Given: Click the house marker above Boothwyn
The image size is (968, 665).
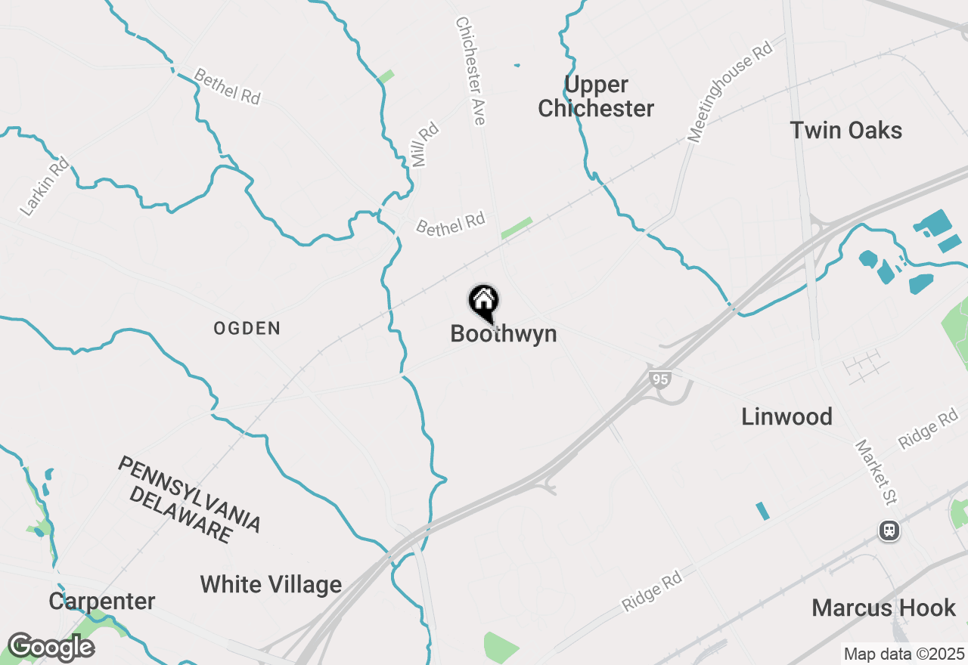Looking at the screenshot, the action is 484,302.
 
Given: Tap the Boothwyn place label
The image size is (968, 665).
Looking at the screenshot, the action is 503,334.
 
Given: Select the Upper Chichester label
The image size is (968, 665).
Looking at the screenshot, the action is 596,96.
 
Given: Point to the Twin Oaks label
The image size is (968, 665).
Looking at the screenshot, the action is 846,130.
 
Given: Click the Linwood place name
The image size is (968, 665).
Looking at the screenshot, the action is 786,416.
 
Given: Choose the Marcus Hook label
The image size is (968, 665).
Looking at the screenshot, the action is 883,608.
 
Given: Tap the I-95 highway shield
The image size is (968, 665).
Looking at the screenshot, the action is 660,379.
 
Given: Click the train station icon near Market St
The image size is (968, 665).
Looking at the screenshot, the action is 889,530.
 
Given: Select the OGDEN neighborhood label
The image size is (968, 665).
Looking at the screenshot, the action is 247,329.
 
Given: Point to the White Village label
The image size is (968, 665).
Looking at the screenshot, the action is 271,584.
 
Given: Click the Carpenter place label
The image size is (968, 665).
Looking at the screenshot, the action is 102,602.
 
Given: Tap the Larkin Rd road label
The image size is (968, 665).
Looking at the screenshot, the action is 45,186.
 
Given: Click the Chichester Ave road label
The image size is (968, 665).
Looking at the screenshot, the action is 470,70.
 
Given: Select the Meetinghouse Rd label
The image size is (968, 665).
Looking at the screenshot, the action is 730,91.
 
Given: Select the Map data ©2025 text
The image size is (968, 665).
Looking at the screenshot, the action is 904,654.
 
